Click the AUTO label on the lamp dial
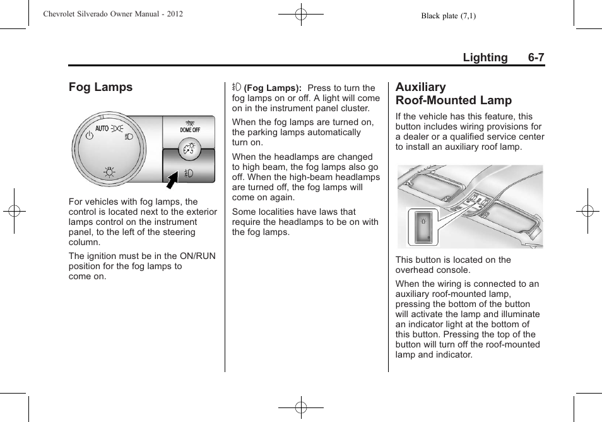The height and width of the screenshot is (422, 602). [102, 128]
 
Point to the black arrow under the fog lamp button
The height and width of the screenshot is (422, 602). [170, 181]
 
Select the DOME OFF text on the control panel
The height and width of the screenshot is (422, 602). [189, 130]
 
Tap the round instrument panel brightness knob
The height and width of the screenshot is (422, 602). [187, 148]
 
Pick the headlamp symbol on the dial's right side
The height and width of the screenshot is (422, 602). [129, 136]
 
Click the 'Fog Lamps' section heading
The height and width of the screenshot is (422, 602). [100, 87]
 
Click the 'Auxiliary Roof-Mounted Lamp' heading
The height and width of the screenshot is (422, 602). [453, 93]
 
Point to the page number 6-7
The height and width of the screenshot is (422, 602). [536, 57]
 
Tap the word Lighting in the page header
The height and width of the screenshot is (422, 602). [485, 57]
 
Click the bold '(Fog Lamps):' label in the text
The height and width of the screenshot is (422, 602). [273, 88]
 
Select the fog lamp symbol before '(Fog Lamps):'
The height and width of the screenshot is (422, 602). [237, 88]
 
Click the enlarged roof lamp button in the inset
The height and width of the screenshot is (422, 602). [422, 226]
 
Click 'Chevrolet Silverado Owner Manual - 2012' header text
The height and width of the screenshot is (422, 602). [113, 13]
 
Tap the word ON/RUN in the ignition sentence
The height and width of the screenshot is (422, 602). [198, 256]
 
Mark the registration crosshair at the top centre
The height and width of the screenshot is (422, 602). [301, 13]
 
